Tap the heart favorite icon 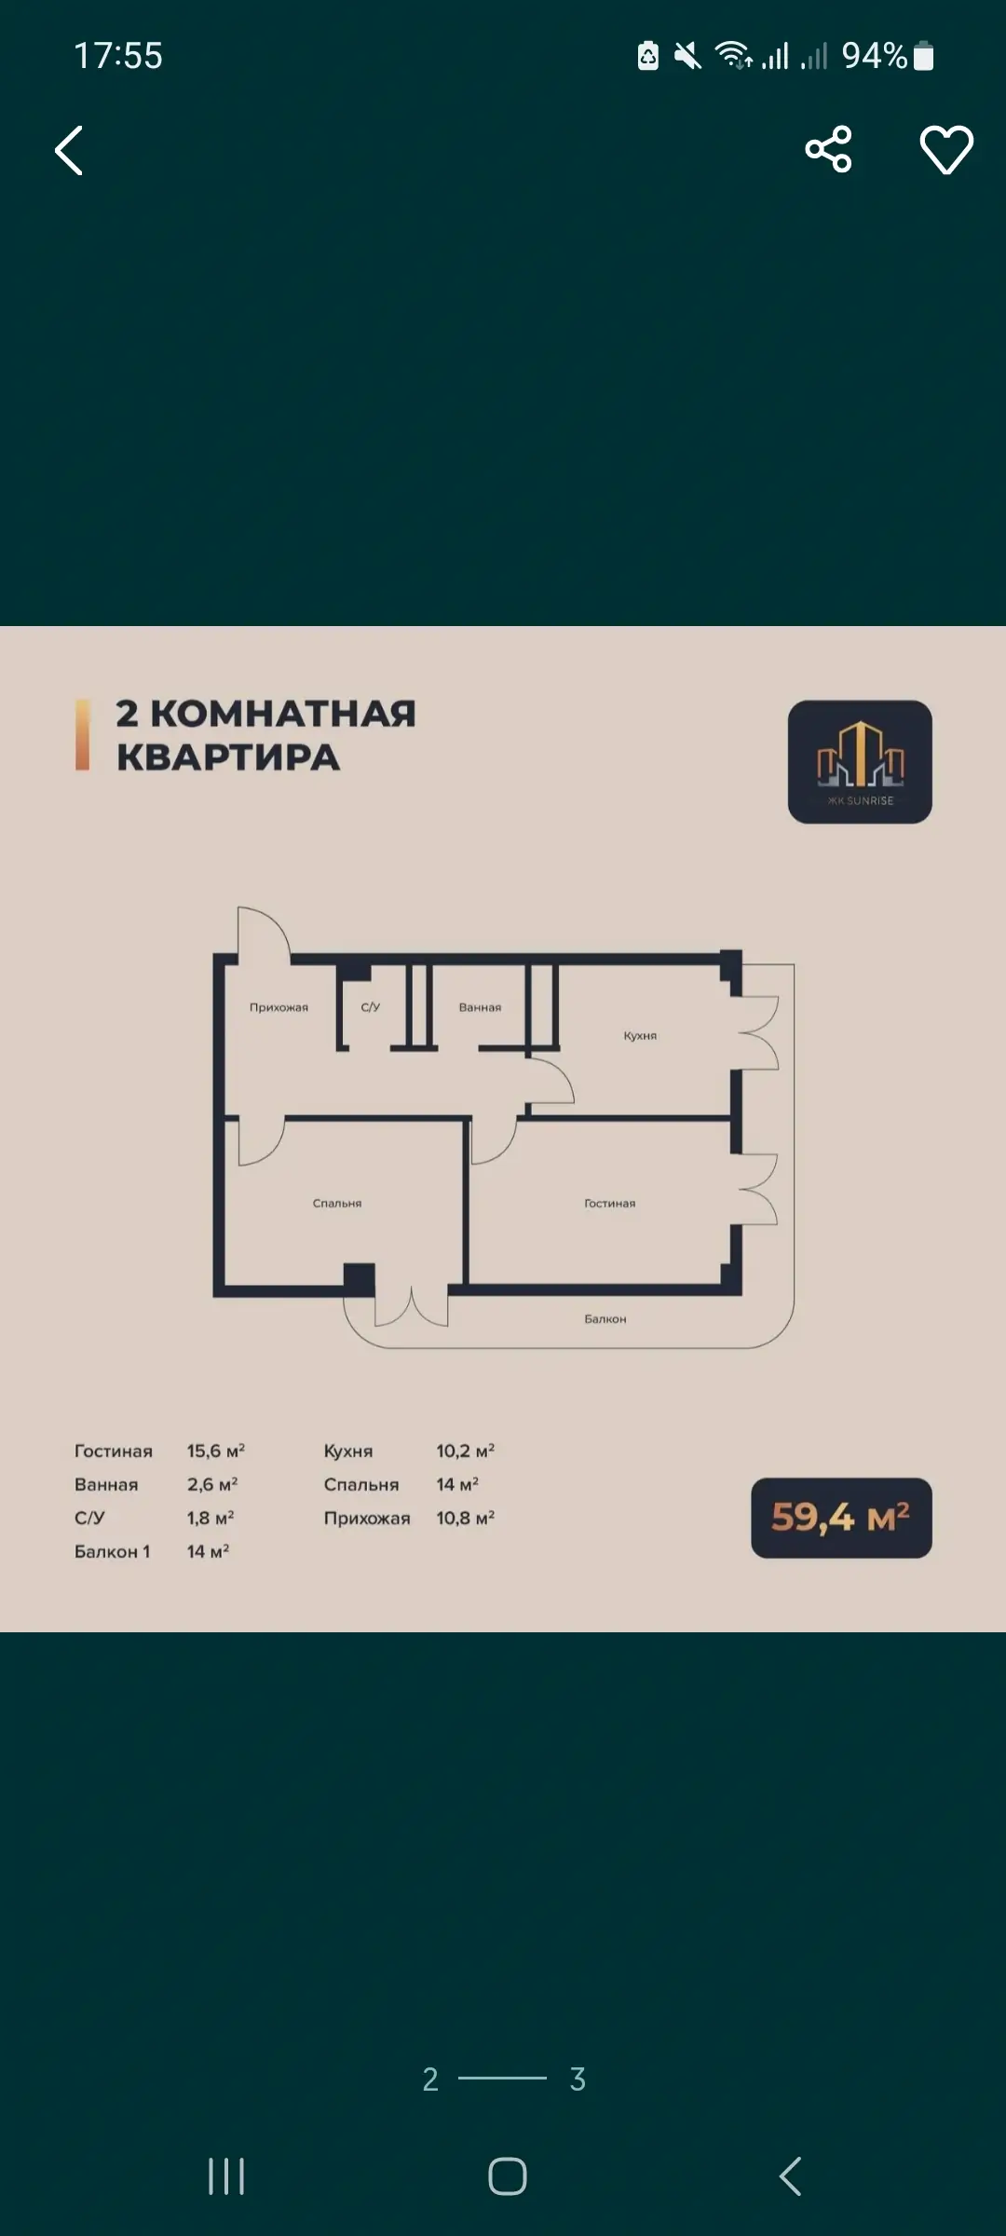click(x=946, y=149)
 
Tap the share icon click(x=828, y=149)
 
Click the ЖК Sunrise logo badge click(x=860, y=761)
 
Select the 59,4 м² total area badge click(x=841, y=1518)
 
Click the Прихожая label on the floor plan click(x=279, y=1007)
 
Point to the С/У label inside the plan click(x=371, y=1007)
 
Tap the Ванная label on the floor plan click(x=480, y=1007)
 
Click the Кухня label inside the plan click(x=640, y=1036)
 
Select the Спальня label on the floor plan click(x=337, y=1204)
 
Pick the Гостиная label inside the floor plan click(x=610, y=1204)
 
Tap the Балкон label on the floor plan click(x=605, y=1319)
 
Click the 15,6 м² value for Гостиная click(x=216, y=1451)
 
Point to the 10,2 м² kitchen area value click(x=466, y=1451)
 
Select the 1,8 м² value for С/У click(x=211, y=1518)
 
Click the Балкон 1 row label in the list click(x=113, y=1551)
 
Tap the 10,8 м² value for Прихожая click(x=466, y=1518)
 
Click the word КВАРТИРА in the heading click(x=228, y=757)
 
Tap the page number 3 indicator click(x=578, y=2079)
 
